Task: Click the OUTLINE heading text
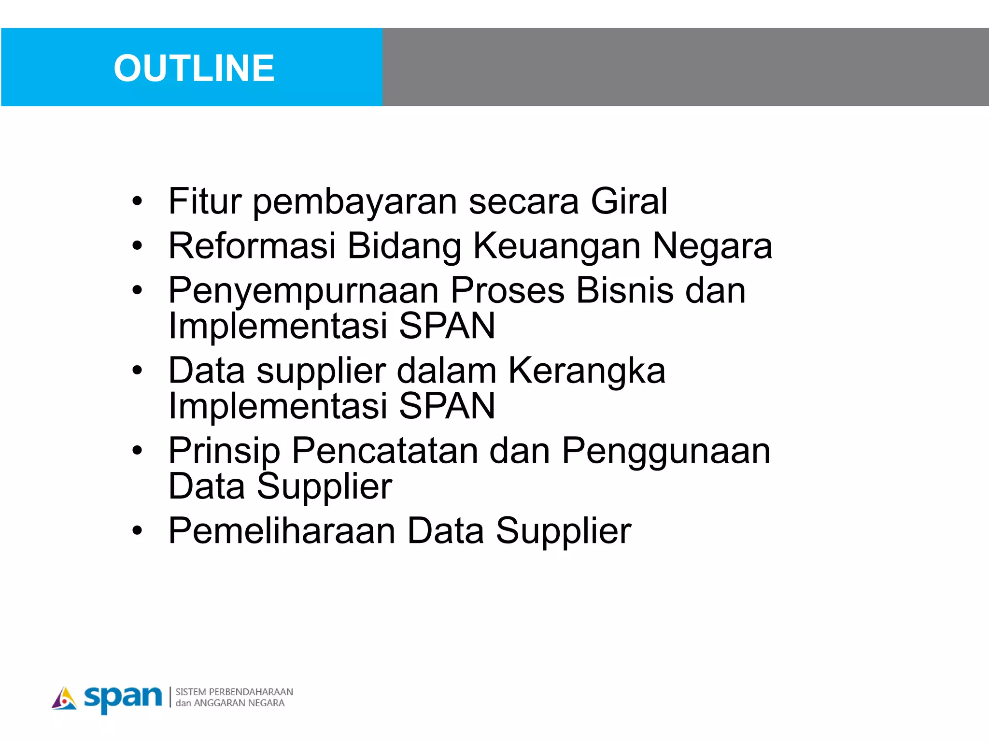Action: pyautogui.click(x=194, y=68)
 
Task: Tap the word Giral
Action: pyautogui.click(x=629, y=201)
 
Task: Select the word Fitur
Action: pyautogui.click(x=205, y=201)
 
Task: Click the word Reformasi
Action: pyautogui.click(x=252, y=246)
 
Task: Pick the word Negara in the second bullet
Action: pyautogui.click(x=712, y=246)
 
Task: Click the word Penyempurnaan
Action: pyautogui.click(x=303, y=291)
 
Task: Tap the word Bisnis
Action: pyautogui.click(x=625, y=291)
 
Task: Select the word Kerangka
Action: pyautogui.click(x=587, y=371)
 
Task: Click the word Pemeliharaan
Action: pyautogui.click(x=282, y=531)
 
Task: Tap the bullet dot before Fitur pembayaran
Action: pyautogui.click(x=138, y=201)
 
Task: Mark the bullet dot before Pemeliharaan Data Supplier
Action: pyautogui.click(x=138, y=531)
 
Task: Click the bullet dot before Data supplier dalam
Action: pyautogui.click(x=138, y=371)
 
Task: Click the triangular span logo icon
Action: pyautogui.click(x=64, y=699)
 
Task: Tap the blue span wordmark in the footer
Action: pyautogui.click(x=123, y=698)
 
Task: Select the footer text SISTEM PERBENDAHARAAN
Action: pyautogui.click(x=234, y=692)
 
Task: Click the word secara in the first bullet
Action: pyautogui.click(x=523, y=201)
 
